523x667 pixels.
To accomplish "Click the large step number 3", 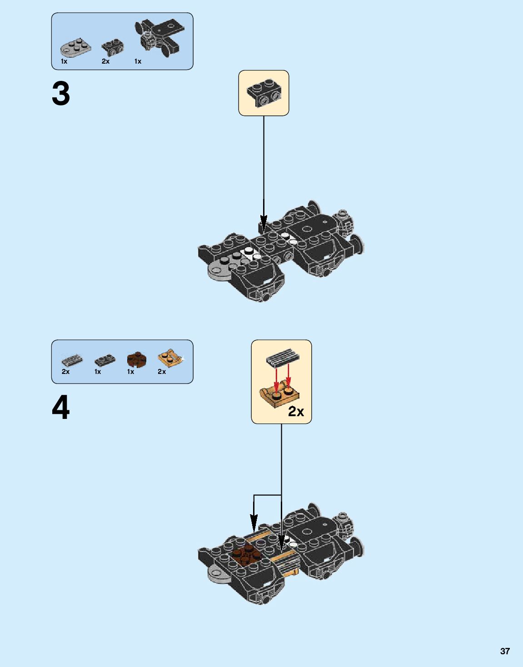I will (x=61, y=94).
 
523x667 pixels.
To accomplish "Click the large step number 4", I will (x=61, y=408).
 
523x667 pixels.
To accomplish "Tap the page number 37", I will (x=505, y=651).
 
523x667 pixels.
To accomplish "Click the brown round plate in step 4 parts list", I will (x=137, y=360).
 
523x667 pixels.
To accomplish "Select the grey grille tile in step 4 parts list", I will (x=72, y=361).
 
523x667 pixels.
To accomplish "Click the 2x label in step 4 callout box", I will (x=296, y=411).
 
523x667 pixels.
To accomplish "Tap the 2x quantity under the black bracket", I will (x=105, y=61).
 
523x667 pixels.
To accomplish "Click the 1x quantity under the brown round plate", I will (x=130, y=372).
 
